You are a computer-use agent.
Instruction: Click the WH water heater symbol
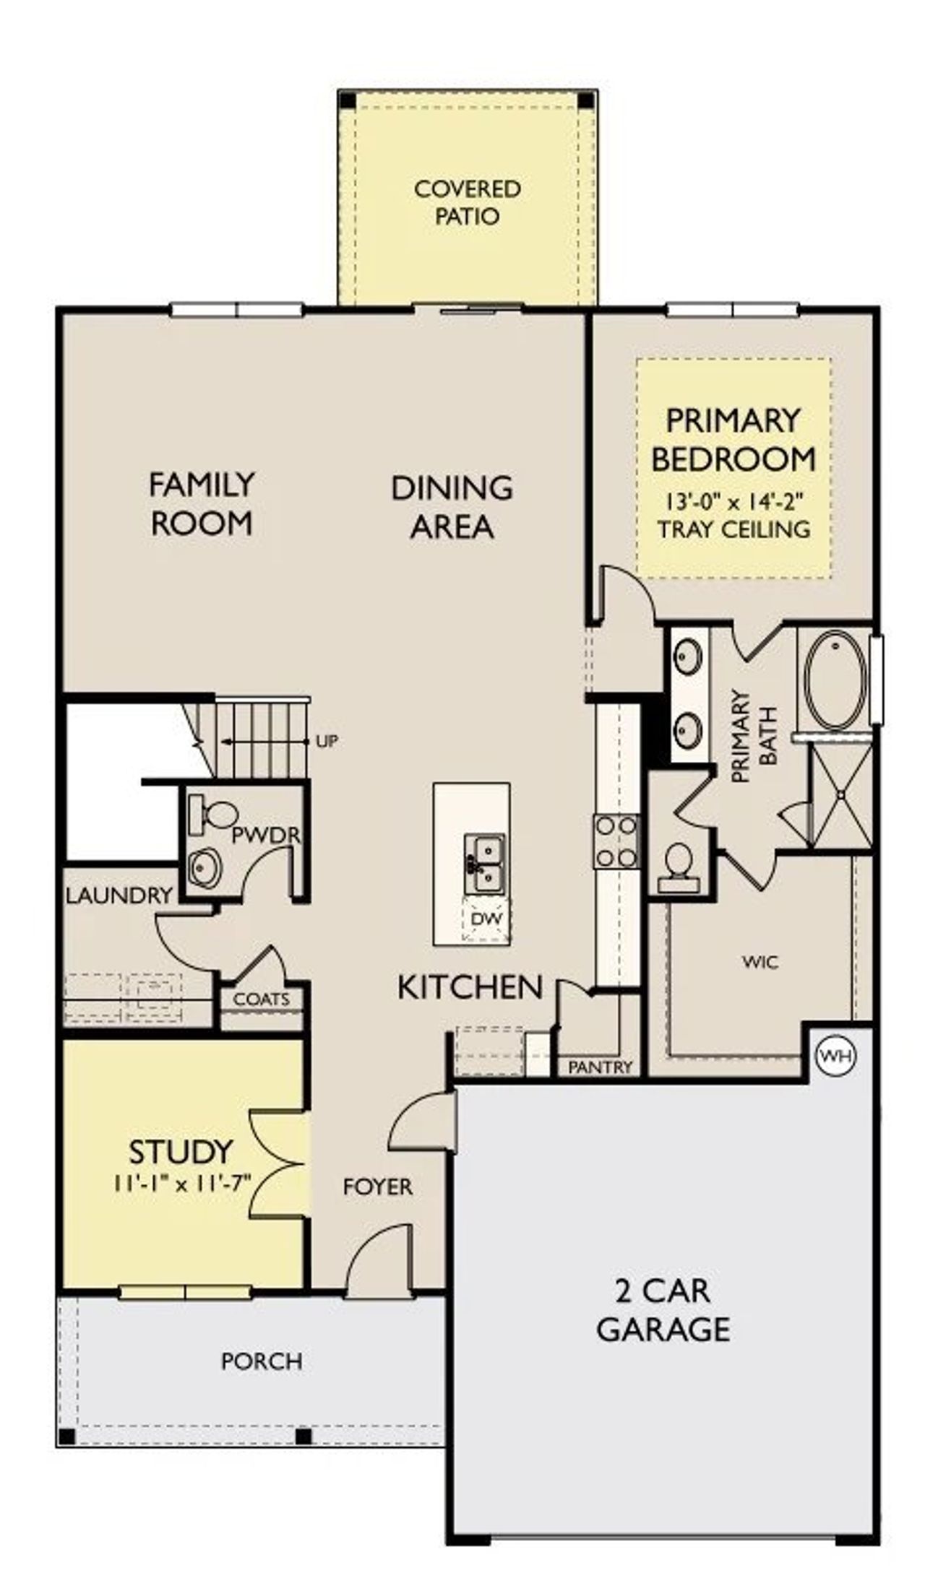coord(836,1056)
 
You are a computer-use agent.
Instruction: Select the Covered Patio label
coord(467,202)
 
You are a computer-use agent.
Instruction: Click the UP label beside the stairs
coord(327,741)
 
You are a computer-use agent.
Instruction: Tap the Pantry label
coord(601,1067)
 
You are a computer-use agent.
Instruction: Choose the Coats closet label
coord(262,999)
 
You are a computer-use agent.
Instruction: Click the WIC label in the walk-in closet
coord(760,962)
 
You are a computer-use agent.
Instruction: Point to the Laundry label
coord(119,895)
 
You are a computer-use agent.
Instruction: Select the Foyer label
coord(377,1187)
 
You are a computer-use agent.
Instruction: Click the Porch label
coord(262,1361)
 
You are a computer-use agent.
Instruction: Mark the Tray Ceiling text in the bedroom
coord(733,529)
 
